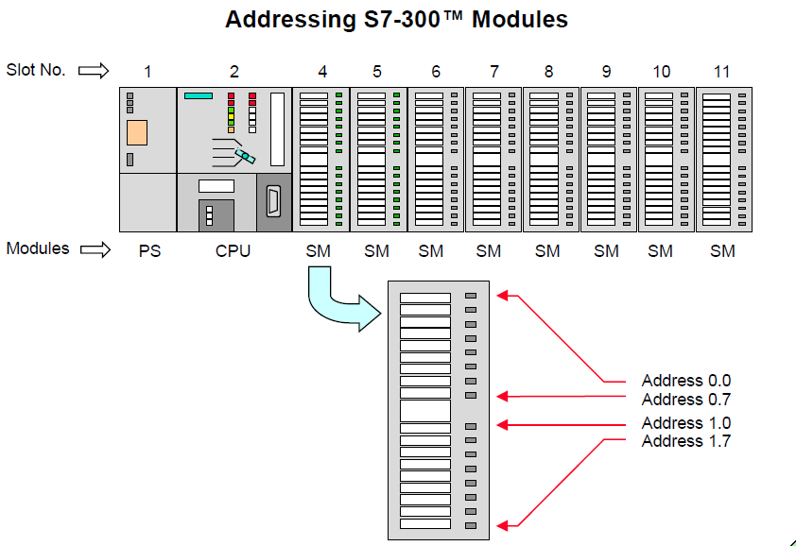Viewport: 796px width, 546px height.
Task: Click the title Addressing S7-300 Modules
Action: (x=396, y=19)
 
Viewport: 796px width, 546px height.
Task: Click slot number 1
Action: (x=147, y=71)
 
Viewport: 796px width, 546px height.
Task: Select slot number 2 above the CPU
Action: (x=234, y=71)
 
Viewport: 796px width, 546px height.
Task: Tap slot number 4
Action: (x=323, y=71)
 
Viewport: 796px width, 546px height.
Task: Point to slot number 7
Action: (x=494, y=71)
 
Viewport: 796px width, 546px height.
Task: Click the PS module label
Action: (x=148, y=250)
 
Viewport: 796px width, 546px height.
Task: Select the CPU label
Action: (x=234, y=250)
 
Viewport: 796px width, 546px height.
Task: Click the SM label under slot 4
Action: (x=320, y=250)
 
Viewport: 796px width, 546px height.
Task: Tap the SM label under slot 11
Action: (x=722, y=250)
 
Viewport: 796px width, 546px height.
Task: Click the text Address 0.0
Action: (x=685, y=381)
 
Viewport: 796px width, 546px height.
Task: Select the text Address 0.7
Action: (x=685, y=399)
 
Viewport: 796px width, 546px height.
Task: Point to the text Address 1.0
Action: (x=685, y=423)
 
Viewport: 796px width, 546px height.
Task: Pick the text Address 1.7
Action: (x=685, y=441)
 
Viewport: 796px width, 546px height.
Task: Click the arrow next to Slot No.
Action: (x=94, y=70)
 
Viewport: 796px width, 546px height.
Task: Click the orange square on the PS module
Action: (x=137, y=132)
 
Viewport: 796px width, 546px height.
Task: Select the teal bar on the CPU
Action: (x=199, y=95)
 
